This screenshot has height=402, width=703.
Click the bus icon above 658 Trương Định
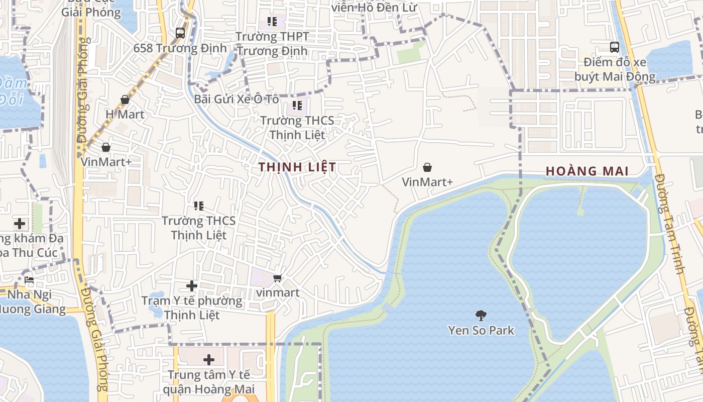click(180, 34)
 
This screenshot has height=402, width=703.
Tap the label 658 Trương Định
click(180, 48)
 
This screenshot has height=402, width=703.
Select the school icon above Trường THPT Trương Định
click(272, 22)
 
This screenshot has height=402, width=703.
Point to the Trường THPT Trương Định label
click(272, 44)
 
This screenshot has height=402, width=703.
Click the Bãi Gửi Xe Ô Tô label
click(237, 99)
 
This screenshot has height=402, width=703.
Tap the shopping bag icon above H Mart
click(125, 100)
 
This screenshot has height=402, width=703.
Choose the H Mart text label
click(125, 114)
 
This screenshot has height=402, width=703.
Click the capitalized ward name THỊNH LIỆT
click(297, 167)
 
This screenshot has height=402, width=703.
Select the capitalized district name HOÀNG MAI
click(587, 171)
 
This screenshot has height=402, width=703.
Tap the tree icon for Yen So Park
click(481, 316)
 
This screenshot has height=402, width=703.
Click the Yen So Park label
click(481, 330)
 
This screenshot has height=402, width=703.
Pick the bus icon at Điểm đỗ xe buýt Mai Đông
click(615, 47)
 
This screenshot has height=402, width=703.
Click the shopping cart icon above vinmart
click(277, 278)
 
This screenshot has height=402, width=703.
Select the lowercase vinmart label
click(277, 292)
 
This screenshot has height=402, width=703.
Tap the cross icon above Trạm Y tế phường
click(191, 286)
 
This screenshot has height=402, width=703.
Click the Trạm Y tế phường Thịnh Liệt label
click(191, 308)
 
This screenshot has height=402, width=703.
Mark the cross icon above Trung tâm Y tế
click(208, 360)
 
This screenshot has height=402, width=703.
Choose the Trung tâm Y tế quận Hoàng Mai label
click(208, 382)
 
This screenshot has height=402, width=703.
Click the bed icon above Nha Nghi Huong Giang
click(29, 279)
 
